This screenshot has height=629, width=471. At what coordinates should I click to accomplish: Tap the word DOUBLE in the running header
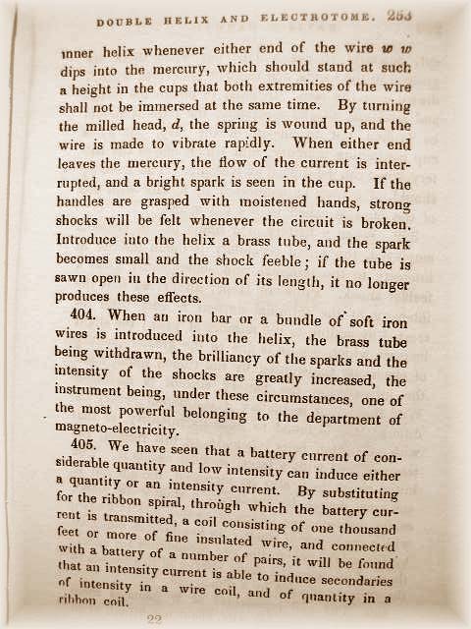click(x=127, y=19)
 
